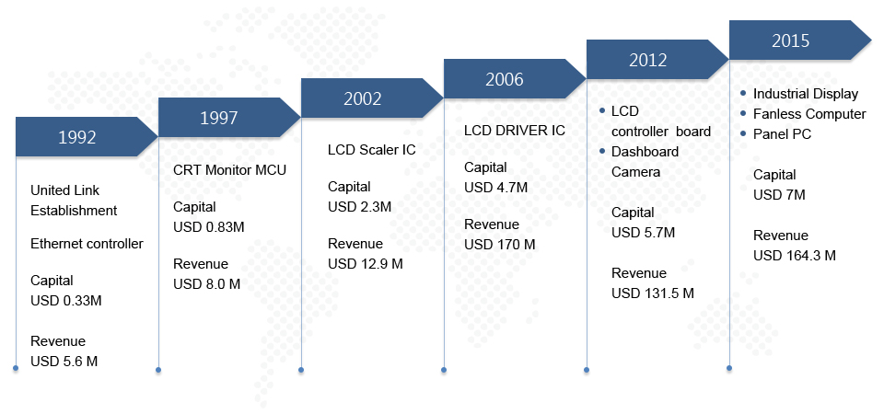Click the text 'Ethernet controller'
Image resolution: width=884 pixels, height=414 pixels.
click(87, 244)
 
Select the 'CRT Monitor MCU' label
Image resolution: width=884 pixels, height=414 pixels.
click(229, 169)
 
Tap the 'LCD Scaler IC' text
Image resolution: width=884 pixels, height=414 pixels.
click(371, 150)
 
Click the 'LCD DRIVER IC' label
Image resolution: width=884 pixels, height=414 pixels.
click(515, 131)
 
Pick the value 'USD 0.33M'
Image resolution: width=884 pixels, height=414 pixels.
click(66, 300)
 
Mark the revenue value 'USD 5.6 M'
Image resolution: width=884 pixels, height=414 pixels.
click(64, 361)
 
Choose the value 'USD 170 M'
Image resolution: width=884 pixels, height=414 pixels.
click(500, 245)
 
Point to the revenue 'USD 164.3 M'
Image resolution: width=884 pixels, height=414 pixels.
click(795, 255)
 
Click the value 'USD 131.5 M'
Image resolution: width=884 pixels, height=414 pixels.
click(653, 293)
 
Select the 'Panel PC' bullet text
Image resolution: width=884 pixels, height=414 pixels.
click(782, 134)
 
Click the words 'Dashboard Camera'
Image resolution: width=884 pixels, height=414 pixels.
click(645, 161)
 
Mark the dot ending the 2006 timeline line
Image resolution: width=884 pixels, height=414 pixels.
click(444, 370)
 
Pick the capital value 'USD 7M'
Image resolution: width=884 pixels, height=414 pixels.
click(779, 195)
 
